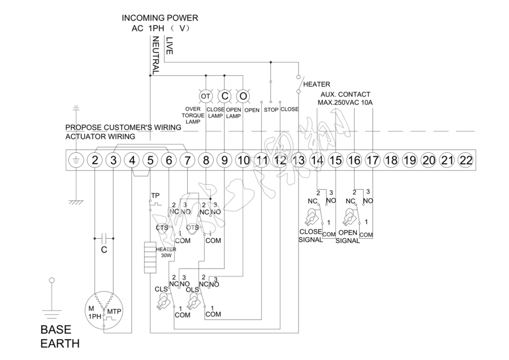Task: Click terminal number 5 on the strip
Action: tap(150, 160)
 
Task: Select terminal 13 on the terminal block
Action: tap(298, 160)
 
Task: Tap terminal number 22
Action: tap(465, 160)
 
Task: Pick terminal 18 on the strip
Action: tap(391, 160)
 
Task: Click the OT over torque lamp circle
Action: tap(205, 96)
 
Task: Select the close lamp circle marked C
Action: tap(225, 96)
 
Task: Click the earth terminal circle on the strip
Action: tap(76, 160)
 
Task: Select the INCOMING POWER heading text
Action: tap(160, 18)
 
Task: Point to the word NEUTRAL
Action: tap(156, 55)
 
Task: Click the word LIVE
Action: tap(169, 45)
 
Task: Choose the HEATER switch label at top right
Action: tap(317, 84)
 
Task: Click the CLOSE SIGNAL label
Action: tap(310, 235)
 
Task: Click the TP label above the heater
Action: tap(155, 195)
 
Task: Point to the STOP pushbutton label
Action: tap(271, 109)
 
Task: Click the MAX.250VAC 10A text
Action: tap(345, 102)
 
